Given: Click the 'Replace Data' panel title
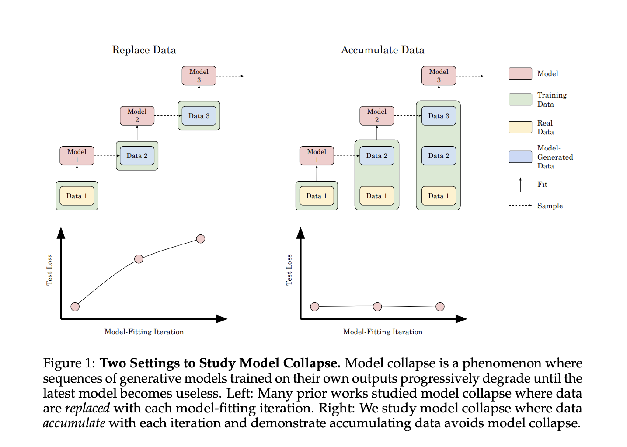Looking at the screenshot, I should click(x=144, y=50).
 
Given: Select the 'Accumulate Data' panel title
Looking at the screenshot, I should click(x=383, y=50).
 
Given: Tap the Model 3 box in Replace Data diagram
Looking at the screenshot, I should click(x=199, y=76).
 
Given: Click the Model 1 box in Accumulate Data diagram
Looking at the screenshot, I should click(x=317, y=156).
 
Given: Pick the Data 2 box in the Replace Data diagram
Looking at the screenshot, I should click(x=137, y=156).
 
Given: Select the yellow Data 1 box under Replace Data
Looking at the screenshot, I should click(x=77, y=196).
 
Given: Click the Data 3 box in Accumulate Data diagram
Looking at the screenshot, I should click(x=439, y=116).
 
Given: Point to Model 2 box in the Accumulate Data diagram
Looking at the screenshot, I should click(x=377, y=116).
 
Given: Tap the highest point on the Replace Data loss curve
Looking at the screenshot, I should click(x=201, y=239).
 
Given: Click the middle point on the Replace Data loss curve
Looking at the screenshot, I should click(x=139, y=259).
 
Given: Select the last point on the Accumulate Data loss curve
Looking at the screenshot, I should click(x=440, y=307).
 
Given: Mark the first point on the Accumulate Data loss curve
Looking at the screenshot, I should click(x=314, y=307).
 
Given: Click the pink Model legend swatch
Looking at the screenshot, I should click(x=520, y=73).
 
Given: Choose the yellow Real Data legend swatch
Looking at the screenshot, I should click(x=520, y=127).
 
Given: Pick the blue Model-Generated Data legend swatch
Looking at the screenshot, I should click(x=520, y=157).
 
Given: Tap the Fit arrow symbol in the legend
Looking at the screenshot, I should click(x=520, y=185).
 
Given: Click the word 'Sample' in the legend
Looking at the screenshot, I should click(x=550, y=206).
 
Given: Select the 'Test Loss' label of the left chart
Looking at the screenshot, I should click(x=49, y=270).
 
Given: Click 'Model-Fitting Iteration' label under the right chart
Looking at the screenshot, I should click(x=383, y=332).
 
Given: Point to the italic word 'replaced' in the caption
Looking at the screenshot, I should click(x=87, y=408).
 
